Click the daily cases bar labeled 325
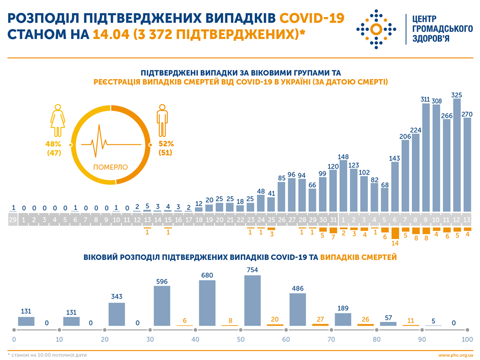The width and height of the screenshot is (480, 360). coord(456,155)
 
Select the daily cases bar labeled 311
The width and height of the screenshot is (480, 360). coord(426,157)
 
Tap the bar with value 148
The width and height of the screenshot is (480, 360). coord(343,185)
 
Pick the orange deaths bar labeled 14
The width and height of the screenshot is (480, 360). coord(395,233)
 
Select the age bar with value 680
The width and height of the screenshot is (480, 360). coord(207,304)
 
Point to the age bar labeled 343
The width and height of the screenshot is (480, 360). coord(117,315)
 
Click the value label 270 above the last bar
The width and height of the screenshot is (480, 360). coord(467,114)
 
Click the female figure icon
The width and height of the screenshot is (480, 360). coord(58,120)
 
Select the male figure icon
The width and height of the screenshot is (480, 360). coord(162,120)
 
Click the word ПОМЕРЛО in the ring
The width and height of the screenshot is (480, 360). coord(111,166)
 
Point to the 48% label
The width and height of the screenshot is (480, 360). coord(53,144)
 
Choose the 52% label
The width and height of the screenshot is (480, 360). coord(167,144)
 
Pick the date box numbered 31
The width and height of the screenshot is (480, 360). coord(333,219)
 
